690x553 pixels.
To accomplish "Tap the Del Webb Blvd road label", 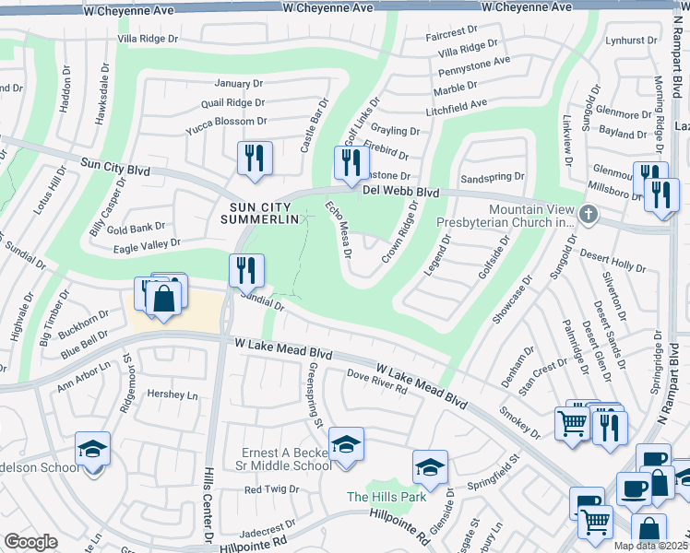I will tap(399, 191).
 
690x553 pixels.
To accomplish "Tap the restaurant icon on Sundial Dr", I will tap(245, 270).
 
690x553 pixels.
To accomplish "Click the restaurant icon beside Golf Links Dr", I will tap(350, 162).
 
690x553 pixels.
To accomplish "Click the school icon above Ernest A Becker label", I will tap(347, 446).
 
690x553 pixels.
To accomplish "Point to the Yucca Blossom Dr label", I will tap(226, 121).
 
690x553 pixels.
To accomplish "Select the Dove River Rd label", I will tap(377, 382).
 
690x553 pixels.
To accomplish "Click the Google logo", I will tap(30, 542).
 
